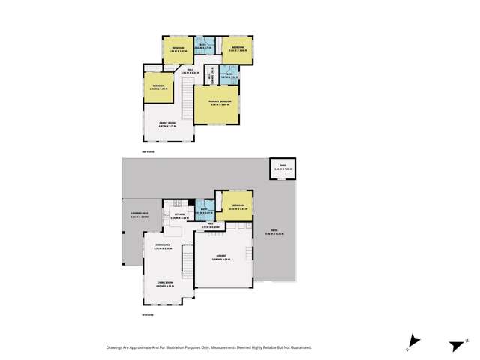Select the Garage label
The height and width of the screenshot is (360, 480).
coord(220,255)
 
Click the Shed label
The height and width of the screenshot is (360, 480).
coord(283,168)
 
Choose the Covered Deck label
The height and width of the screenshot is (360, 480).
coord(131,216)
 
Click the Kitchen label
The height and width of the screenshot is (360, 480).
coord(179,215)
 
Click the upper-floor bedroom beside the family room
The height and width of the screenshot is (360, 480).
coord(158,86)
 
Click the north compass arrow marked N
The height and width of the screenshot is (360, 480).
coord(454,344)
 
